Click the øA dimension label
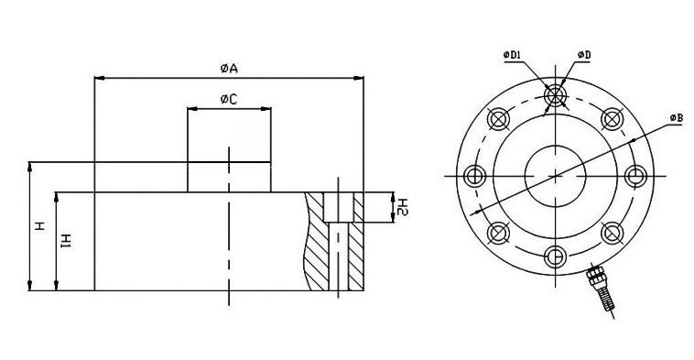(229, 68)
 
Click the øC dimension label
(229, 99)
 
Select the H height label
(40, 226)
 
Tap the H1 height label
(66, 241)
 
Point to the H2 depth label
(402, 207)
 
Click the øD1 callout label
(512, 55)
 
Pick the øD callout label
(583, 55)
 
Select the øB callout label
(676, 118)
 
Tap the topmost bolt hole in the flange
(555, 95)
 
